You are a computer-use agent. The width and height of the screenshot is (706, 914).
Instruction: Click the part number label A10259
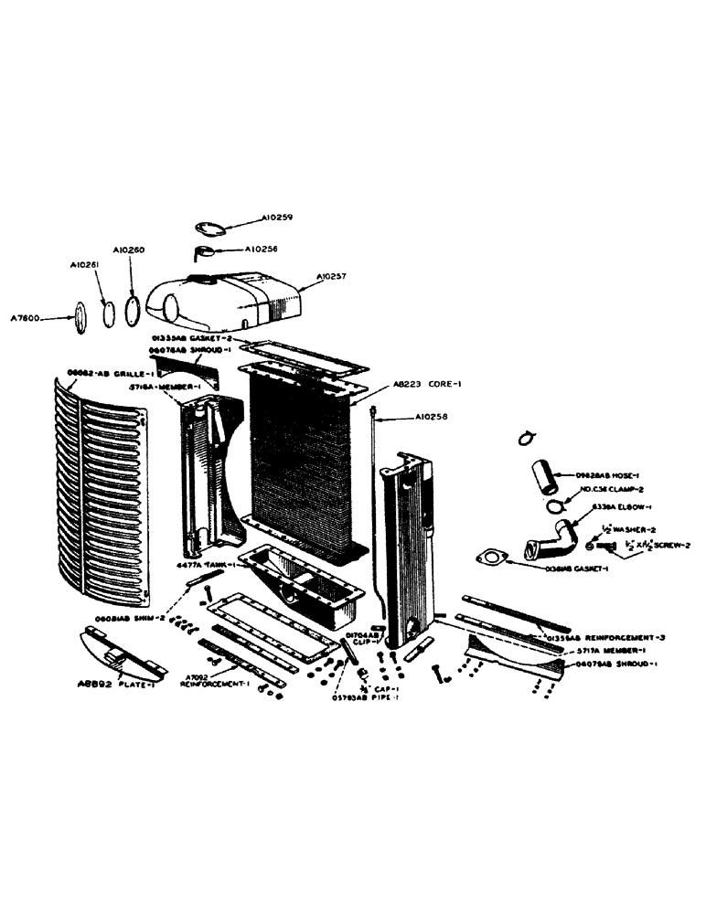(x=275, y=218)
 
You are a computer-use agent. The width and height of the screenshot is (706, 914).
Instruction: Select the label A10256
(x=261, y=249)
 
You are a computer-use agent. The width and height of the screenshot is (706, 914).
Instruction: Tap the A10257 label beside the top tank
(x=334, y=276)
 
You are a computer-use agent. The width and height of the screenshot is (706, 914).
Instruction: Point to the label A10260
(x=129, y=249)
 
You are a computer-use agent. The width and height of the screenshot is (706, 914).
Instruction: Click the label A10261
(x=85, y=265)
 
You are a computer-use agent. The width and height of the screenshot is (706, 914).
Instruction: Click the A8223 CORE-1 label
(x=427, y=385)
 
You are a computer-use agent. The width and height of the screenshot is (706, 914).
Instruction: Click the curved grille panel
(x=101, y=494)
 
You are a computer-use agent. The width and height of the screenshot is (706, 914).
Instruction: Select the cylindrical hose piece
(x=543, y=477)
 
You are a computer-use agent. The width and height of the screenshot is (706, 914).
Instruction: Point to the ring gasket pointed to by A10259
(x=212, y=228)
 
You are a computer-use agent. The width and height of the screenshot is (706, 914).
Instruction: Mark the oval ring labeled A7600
(x=80, y=315)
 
